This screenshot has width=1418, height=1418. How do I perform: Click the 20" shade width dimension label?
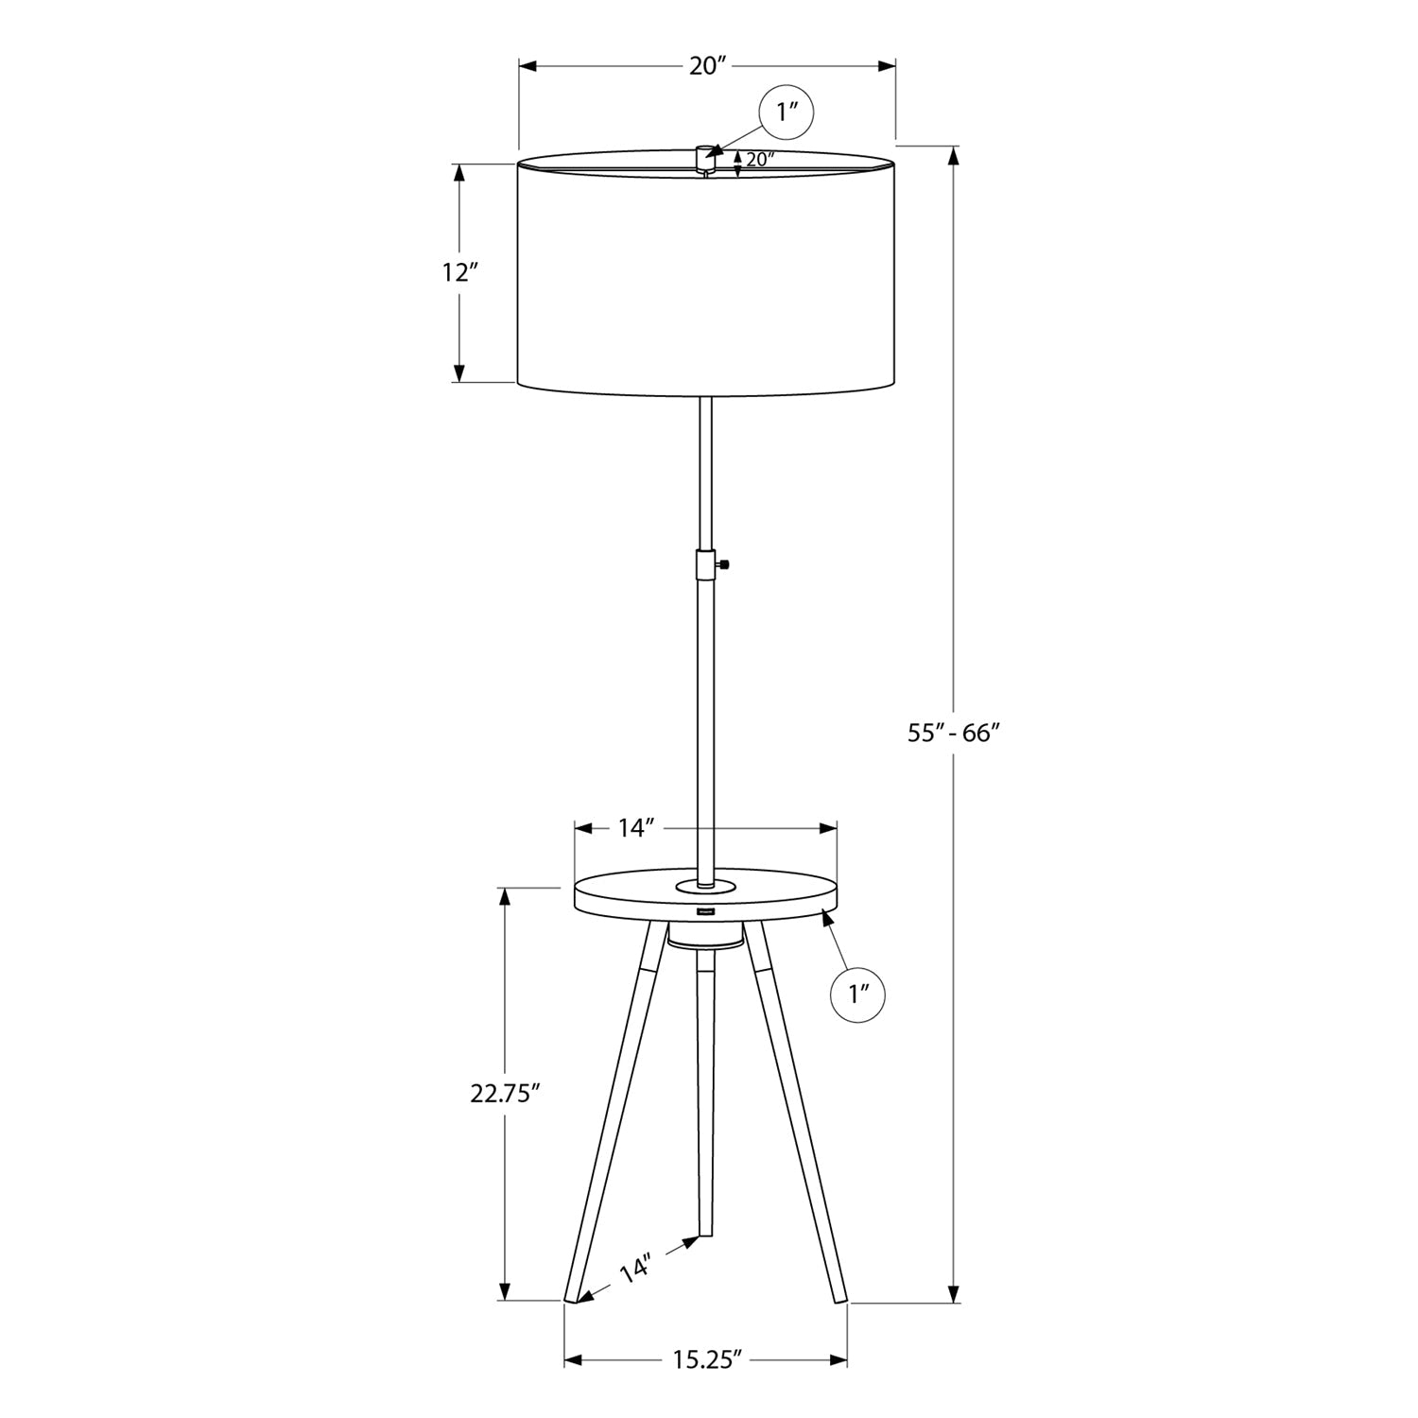706,66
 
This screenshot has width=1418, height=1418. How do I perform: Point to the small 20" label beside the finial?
760,160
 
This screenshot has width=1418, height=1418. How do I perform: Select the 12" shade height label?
460,273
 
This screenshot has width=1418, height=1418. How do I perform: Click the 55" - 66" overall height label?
954,733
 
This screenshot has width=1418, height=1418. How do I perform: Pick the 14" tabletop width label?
636,829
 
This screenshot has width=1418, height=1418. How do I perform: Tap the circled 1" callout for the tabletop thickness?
856,994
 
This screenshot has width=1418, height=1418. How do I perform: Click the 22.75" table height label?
505,1094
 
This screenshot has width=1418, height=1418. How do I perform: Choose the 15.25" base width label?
704,1360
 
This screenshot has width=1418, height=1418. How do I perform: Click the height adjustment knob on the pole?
726,564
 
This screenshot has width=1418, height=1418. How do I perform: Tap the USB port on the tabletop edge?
705,912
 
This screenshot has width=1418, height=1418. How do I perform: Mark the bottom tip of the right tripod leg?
839,1302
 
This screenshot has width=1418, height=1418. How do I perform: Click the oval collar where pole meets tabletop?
705,886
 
